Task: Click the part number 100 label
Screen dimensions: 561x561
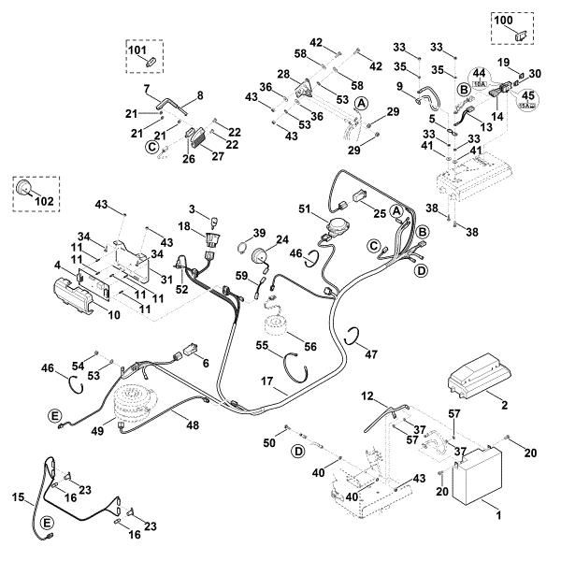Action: (503, 20)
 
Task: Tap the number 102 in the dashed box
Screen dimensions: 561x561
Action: (43, 199)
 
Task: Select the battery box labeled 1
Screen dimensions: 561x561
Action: (478, 477)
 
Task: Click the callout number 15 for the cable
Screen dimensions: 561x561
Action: (18, 498)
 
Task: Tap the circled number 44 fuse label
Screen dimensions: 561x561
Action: (478, 73)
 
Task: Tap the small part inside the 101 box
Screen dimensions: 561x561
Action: (148, 60)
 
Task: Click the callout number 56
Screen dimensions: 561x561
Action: (310, 344)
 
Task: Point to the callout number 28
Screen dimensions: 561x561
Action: (283, 73)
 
